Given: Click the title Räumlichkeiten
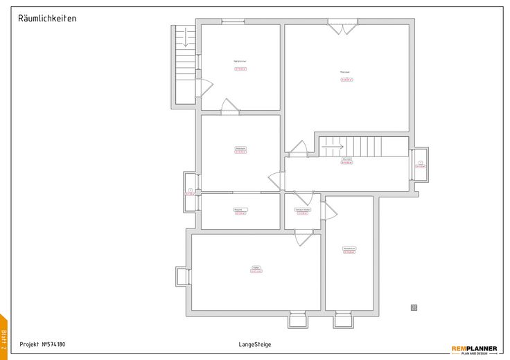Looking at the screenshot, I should click(47, 19).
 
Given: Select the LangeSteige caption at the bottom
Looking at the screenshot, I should click(255, 344).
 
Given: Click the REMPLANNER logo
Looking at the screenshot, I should click(474, 349).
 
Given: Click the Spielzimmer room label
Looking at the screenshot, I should click(240, 62).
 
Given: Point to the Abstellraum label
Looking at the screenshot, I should click(349, 249).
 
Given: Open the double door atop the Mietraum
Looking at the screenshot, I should click(342, 28).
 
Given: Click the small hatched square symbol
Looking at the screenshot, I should click(414, 307).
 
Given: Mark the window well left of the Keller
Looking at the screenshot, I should click(182, 276).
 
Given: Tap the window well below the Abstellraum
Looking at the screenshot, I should click(343, 320).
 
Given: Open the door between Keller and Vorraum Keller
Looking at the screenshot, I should click(304, 237).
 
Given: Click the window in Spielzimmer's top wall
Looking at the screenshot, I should click(233, 21).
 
